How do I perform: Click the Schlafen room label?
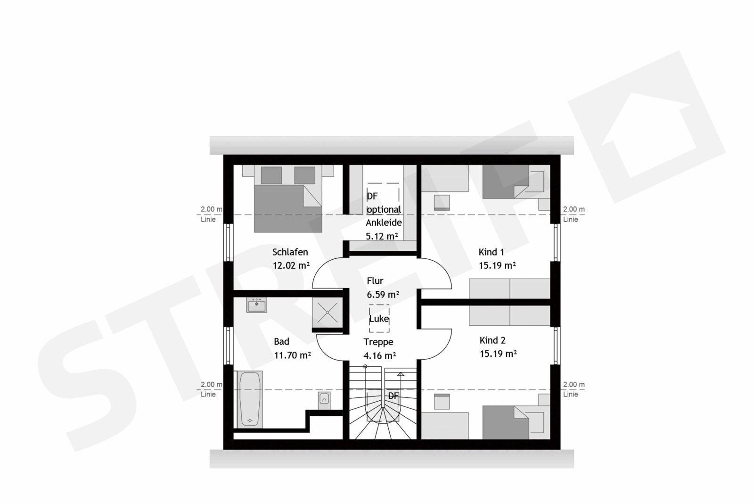[x=290, y=252]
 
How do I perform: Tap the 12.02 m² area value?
[x=291, y=265]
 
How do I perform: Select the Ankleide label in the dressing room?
[x=384, y=223]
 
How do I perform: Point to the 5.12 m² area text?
[x=382, y=236]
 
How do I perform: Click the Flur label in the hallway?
[x=375, y=281]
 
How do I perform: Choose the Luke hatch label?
[x=379, y=319]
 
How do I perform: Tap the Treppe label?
[x=378, y=342]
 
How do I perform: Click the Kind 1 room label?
[x=492, y=252]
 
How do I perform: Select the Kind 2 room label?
[x=492, y=340]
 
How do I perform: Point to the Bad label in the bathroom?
[x=281, y=341]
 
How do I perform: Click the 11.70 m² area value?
[x=292, y=355]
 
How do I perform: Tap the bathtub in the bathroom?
[x=250, y=399]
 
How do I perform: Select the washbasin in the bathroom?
[x=256, y=305]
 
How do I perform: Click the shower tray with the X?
[x=327, y=313]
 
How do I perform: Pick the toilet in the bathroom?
[x=324, y=400]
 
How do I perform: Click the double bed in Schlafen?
[x=288, y=198]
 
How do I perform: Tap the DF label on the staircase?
[x=393, y=396]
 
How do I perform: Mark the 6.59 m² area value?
[x=383, y=295]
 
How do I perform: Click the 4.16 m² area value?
[x=380, y=355]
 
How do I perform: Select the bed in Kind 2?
[x=513, y=422]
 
